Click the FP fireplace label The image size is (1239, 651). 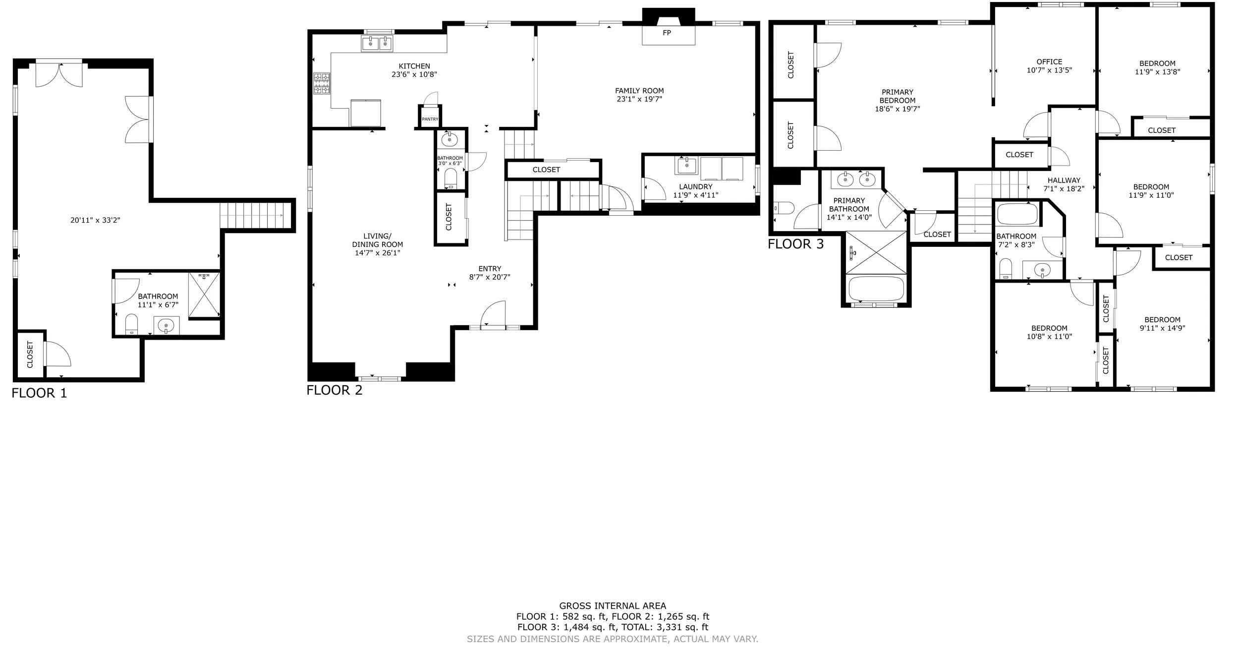pyautogui.click(x=667, y=33)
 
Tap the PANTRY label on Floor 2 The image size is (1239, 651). pyautogui.click(x=430, y=119)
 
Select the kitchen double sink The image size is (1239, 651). pyautogui.click(x=377, y=44)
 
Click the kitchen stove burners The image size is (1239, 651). pyautogui.click(x=322, y=83)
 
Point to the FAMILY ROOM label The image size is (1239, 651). pyautogui.click(x=639, y=91)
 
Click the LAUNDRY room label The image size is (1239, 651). pyautogui.click(x=696, y=187)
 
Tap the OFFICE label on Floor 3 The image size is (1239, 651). pyautogui.click(x=1049, y=62)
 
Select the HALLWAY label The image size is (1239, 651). pyautogui.click(x=1064, y=180)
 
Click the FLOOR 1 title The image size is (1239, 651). pyautogui.click(x=39, y=393)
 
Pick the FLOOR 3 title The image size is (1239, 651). pyautogui.click(x=796, y=244)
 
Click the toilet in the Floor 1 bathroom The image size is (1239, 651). pyautogui.click(x=131, y=323)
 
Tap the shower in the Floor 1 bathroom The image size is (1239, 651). pyautogui.click(x=204, y=295)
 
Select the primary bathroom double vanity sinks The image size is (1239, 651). pyautogui.click(x=856, y=179)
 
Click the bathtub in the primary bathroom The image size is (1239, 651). pyautogui.click(x=876, y=289)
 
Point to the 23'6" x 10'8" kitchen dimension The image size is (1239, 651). pyautogui.click(x=414, y=75)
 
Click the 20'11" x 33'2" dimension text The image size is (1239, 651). pyautogui.click(x=95, y=220)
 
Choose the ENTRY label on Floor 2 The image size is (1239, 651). pyautogui.click(x=490, y=269)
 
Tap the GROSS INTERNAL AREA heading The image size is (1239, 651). pyautogui.click(x=613, y=606)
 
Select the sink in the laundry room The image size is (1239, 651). pyautogui.click(x=687, y=165)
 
